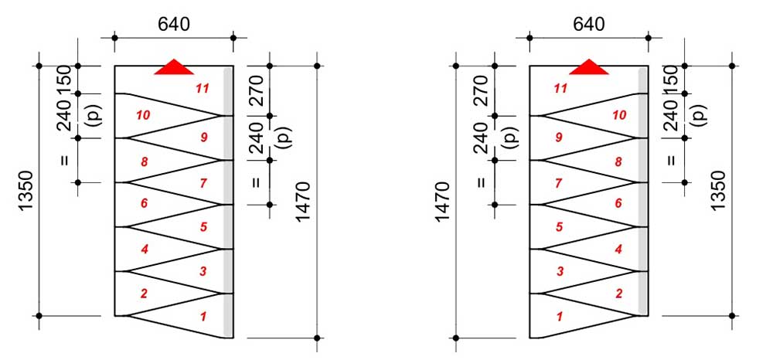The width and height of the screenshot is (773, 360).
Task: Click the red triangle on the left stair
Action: tap(174, 67)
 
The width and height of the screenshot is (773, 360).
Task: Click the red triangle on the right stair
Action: tap(589, 67)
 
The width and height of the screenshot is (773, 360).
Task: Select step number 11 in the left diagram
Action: tap(202, 89)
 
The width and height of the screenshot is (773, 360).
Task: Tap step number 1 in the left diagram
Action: tap(202, 317)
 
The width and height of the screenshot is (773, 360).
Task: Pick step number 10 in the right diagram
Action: tap(618, 115)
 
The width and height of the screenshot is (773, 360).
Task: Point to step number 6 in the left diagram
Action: tap(144, 203)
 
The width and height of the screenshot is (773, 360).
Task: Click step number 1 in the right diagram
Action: tap(559, 317)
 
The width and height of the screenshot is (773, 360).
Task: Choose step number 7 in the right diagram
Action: tap(559, 183)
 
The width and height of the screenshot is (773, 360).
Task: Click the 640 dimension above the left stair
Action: tap(173, 24)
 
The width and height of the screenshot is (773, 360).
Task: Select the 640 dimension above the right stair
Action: tap(588, 24)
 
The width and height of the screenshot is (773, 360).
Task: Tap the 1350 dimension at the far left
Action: tap(26, 191)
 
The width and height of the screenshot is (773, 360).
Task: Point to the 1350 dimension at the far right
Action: tap(718, 191)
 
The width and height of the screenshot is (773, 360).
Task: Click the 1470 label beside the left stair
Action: tap(303, 202)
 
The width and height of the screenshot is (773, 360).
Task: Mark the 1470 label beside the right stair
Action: tap(443, 202)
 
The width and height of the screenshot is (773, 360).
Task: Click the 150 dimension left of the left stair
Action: tap(65, 79)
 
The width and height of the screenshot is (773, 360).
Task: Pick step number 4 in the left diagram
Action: tap(144, 250)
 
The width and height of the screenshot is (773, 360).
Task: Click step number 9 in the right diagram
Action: tap(559, 138)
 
